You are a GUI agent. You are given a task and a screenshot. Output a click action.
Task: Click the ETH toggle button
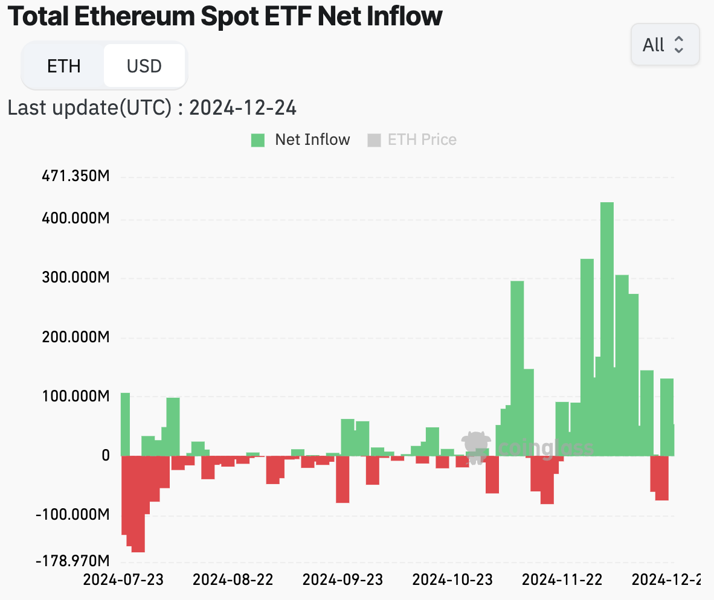click(63, 66)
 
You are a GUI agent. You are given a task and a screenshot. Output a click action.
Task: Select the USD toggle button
click(144, 66)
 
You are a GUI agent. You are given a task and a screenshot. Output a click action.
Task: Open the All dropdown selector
click(664, 45)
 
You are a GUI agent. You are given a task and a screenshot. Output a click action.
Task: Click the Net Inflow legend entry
click(301, 139)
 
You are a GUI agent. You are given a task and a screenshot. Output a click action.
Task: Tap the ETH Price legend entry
click(412, 139)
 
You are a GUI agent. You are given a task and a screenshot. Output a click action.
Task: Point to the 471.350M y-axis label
click(75, 177)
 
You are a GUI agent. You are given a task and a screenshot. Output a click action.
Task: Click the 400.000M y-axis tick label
click(75, 219)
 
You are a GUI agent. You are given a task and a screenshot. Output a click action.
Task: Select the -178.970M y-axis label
click(72, 561)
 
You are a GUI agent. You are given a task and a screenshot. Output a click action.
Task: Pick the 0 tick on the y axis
click(105, 456)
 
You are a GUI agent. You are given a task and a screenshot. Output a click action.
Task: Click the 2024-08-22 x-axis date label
click(233, 579)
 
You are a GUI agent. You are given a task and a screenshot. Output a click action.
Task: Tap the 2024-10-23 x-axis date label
click(452, 579)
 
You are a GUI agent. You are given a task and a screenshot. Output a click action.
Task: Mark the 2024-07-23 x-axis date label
click(123, 579)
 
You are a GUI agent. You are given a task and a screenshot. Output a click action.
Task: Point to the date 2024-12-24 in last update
click(243, 108)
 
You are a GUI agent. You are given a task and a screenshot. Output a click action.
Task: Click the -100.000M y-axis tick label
click(72, 515)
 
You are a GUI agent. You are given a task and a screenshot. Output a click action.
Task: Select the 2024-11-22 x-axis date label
click(562, 579)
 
